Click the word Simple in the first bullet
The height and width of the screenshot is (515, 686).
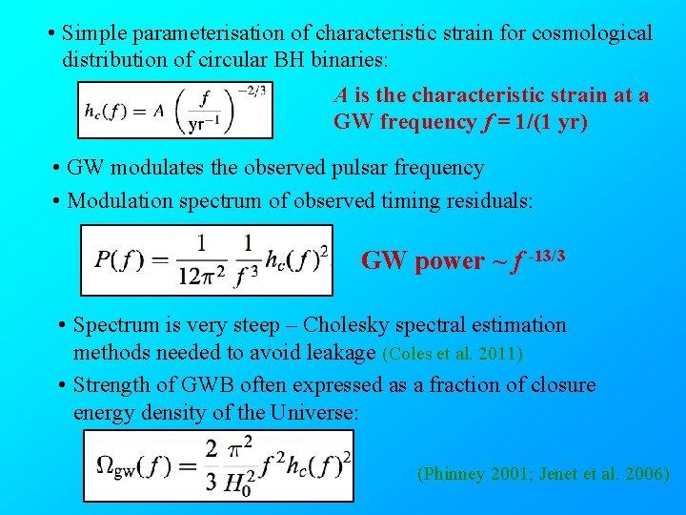point(94,33)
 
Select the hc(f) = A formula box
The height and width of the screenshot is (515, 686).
point(174,110)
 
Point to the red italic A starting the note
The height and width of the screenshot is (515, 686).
point(340,95)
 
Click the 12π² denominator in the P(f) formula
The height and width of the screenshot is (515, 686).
point(202,276)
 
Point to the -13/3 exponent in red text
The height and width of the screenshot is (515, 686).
point(547,254)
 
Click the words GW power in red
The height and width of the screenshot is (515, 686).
point(422,261)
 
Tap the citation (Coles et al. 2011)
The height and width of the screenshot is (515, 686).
point(453,354)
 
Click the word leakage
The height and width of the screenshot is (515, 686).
point(340,353)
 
